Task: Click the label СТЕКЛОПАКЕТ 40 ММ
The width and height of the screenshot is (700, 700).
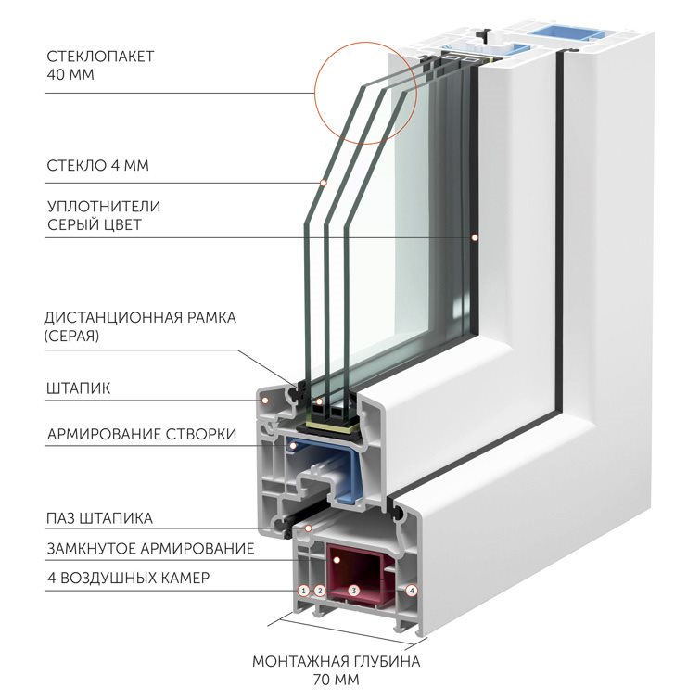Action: click(100, 65)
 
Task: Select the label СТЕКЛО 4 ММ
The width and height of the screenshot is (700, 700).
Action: click(97, 166)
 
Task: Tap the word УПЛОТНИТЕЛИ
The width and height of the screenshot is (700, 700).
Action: click(104, 207)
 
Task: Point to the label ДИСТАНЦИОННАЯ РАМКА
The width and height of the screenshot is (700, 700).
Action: click(140, 318)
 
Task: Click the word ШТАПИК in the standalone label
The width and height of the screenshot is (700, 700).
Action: click(78, 388)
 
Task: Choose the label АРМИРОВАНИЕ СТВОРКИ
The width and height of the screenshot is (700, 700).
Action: click(142, 434)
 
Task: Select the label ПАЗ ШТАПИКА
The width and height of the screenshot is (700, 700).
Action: click(99, 518)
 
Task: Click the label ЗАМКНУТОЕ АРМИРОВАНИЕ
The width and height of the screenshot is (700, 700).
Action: click(150, 548)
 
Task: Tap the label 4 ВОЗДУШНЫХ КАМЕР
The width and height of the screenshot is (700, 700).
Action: click(128, 579)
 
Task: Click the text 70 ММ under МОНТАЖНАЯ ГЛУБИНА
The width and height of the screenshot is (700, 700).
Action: click(337, 680)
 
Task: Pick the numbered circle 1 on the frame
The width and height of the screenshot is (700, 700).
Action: click(303, 591)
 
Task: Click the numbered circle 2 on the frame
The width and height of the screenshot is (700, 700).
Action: click(320, 591)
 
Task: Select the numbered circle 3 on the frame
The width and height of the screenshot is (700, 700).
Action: click(353, 591)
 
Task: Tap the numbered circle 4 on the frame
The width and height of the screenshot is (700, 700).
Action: click(412, 591)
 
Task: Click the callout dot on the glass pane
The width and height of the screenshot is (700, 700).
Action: click(324, 183)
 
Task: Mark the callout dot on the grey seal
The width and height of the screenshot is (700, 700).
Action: click(475, 237)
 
